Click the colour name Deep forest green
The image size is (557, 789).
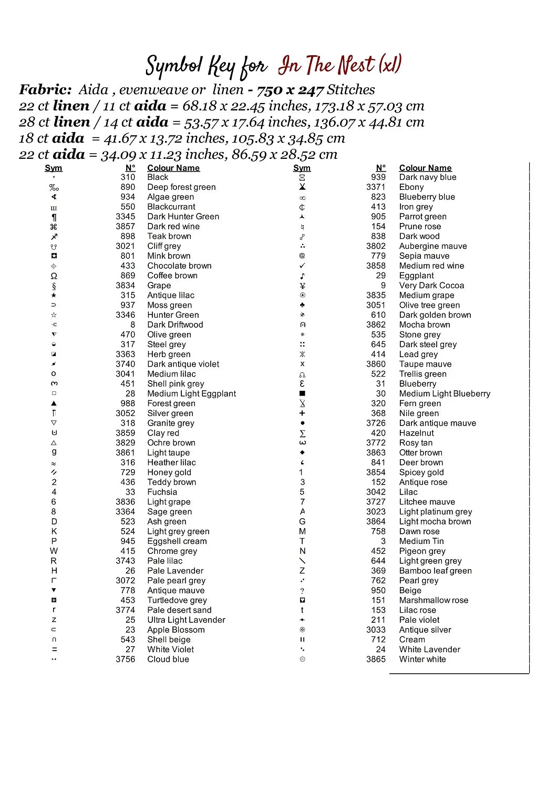[181, 187]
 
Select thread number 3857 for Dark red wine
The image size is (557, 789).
[126, 227]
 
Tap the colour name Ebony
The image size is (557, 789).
[411, 187]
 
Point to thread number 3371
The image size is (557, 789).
[376, 187]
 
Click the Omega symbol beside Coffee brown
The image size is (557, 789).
[54, 276]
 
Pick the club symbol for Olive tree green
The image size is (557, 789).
[302, 305]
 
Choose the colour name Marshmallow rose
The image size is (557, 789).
[434, 600]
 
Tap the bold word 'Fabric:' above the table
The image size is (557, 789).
[45, 90]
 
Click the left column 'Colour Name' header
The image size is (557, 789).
[173, 168]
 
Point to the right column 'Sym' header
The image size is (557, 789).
[302, 168]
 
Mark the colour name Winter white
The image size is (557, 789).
[422, 660]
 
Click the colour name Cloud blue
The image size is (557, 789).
[168, 660]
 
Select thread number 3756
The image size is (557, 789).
[126, 660]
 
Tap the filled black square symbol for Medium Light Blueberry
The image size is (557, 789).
[302, 393]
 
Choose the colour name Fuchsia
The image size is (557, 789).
[162, 492]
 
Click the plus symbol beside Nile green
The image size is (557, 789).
[302, 413]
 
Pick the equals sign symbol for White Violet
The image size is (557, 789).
[54, 650]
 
